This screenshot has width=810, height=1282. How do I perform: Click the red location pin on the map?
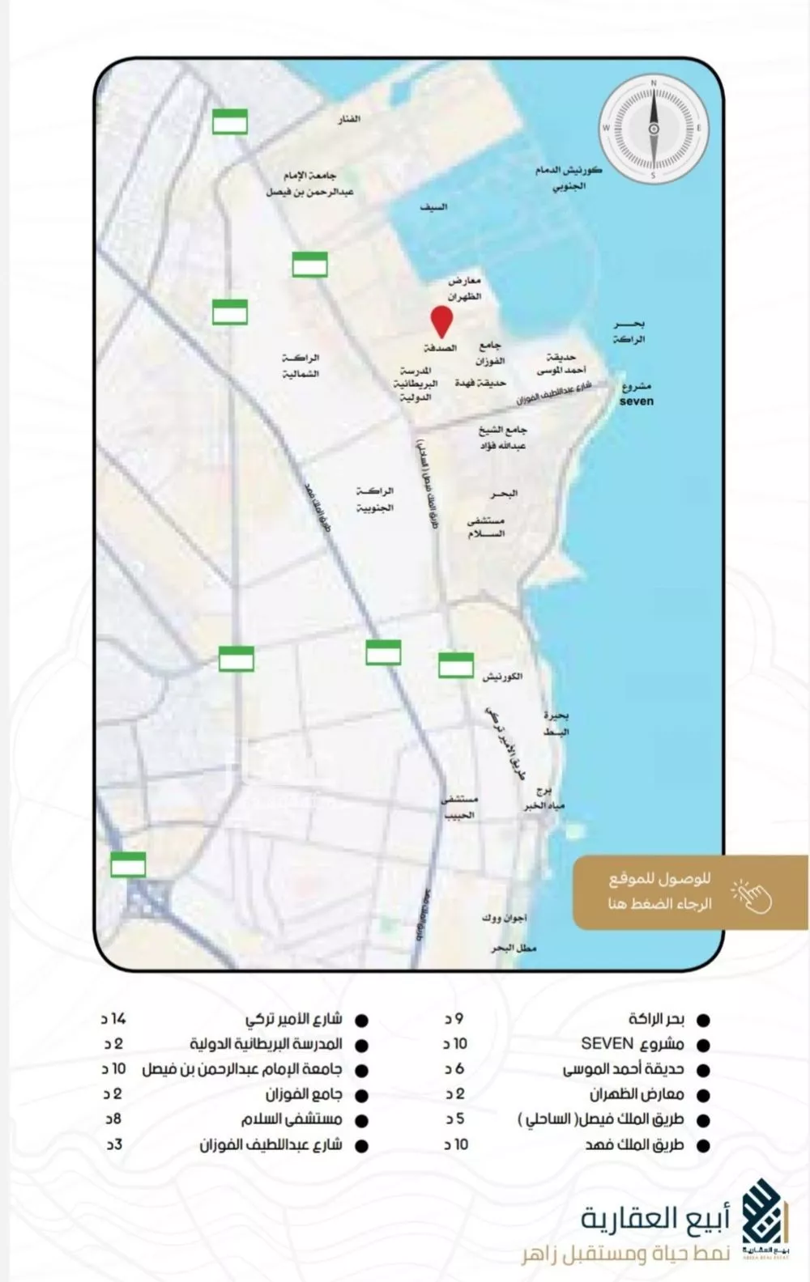(441, 321)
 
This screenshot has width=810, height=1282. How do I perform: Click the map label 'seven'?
(636, 401)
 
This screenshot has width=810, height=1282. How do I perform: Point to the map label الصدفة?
(441, 348)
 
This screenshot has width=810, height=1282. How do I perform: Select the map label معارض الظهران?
(465, 288)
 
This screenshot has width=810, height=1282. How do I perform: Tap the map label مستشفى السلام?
(486, 527)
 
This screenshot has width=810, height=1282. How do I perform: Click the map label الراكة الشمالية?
(301, 366)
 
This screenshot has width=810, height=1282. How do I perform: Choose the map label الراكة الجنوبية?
(375, 499)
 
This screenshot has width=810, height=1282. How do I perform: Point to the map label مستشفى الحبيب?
(459, 807)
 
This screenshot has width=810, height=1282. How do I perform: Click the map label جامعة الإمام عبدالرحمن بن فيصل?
(309, 184)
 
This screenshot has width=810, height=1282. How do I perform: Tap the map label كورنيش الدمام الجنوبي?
(569, 177)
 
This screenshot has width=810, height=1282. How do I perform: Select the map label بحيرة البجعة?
(556, 724)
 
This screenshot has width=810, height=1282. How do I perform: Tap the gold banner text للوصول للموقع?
(659, 879)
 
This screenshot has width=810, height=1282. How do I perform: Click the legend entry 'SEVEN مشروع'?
(632, 1044)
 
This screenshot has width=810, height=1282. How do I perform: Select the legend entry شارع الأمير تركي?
(293, 1019)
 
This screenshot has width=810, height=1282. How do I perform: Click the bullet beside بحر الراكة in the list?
(703, 1021)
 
